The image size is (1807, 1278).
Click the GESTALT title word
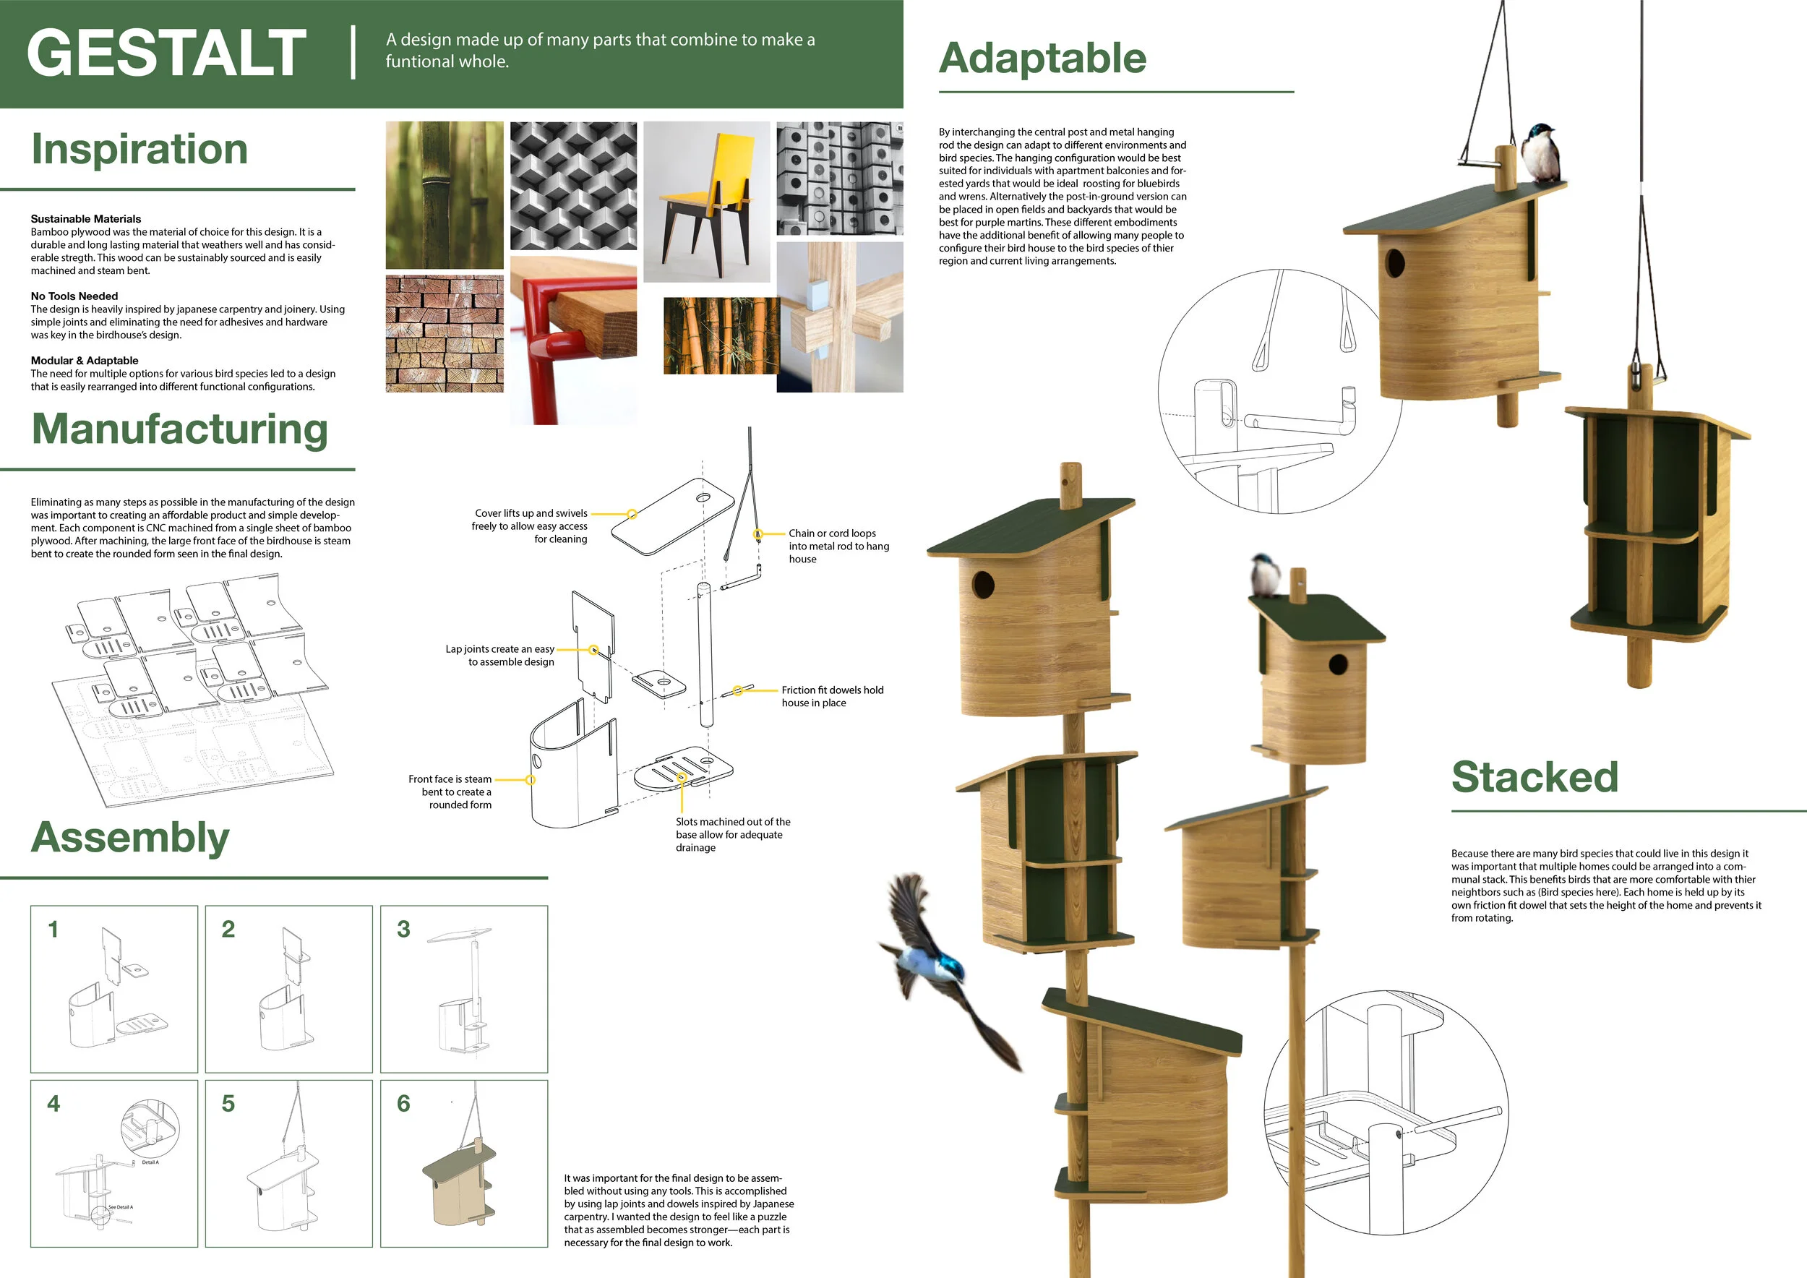click(166, 53)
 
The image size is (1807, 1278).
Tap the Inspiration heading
click(140, 149)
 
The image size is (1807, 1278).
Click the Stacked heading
click(1535, 777)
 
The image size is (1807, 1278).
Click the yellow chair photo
click(707, 202)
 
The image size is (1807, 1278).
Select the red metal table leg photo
click(573, 340)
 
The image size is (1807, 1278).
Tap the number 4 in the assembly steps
click(53, 1103)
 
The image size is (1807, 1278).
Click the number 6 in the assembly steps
click(404, 1103)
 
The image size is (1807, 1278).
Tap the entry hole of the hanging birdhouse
click(1394, 264)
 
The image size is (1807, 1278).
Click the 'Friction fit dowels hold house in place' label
click(832, 696)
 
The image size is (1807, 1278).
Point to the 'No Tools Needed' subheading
click(74, 296)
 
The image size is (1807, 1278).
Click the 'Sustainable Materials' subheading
click(86, 219)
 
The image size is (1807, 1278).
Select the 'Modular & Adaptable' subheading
click(85, 361)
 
